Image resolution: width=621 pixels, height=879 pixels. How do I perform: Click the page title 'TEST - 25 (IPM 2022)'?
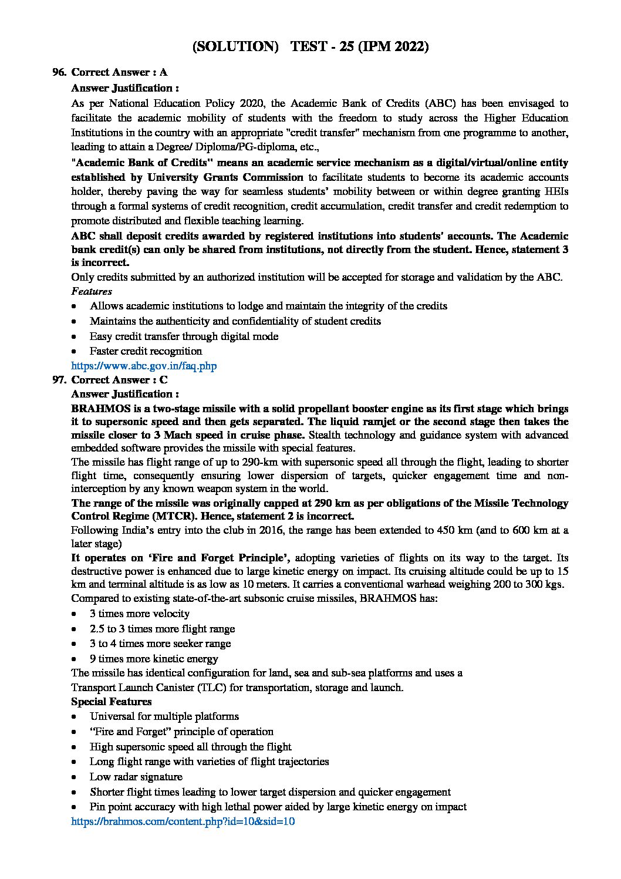360,48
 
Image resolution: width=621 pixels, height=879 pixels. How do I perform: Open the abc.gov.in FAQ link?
144,366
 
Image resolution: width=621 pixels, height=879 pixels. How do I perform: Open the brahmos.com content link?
183,821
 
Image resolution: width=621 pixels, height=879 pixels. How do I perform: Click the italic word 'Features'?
92,291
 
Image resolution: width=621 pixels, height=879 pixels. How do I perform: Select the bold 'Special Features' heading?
112,702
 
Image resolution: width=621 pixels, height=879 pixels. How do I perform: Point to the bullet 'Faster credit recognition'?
146,351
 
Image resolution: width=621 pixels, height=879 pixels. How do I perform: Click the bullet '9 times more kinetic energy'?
154,659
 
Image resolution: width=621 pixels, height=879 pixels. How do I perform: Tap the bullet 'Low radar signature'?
136,776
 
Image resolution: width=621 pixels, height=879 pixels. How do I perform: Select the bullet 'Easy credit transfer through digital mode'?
184,336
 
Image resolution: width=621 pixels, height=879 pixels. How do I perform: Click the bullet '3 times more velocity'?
139,614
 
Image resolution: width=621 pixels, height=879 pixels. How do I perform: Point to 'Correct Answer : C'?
119,380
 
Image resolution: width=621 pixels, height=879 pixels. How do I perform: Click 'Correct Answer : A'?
119,72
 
